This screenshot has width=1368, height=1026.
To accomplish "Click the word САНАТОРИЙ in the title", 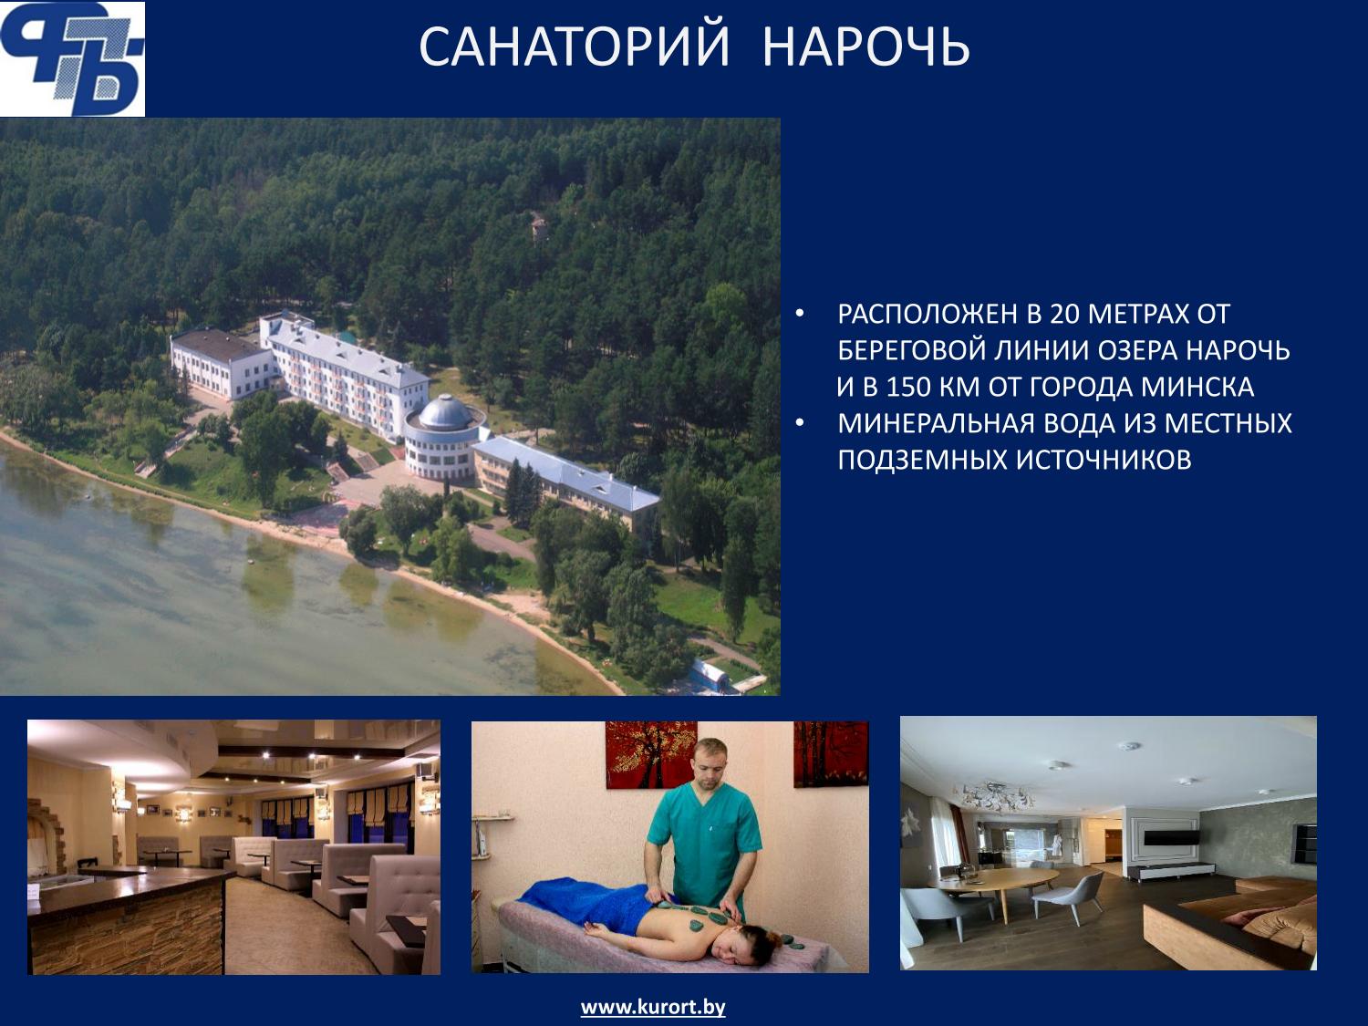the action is (x=574, y=47).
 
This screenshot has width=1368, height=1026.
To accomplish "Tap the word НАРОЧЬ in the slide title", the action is (x=865, y=47).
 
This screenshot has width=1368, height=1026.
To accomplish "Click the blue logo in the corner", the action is (x=72, y=58).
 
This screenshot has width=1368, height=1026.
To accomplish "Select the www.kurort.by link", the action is (x=653, y=1008).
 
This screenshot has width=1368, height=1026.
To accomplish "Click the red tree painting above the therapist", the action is (x=650, y=754).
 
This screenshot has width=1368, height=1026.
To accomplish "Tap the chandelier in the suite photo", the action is (x=991, y=795).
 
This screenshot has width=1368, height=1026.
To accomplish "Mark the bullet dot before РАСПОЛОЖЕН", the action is (x=801, y=315).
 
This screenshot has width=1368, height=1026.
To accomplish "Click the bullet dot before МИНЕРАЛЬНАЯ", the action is (x=801, y=423).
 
